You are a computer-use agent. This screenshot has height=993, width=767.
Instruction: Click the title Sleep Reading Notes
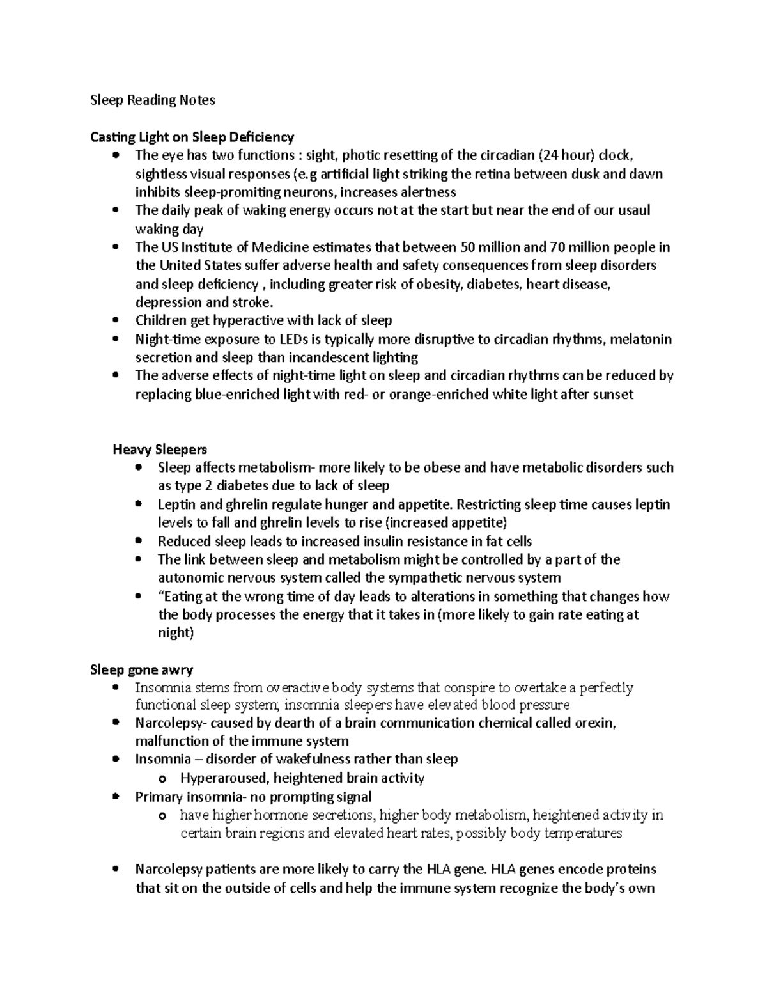(x=153, y=100)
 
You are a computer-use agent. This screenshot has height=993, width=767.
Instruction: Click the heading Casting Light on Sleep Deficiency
(x=192, y=137)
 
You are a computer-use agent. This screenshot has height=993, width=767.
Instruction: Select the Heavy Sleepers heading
(x=160, y=449)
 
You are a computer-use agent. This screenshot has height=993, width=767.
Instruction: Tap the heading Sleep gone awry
(x=142, y=669)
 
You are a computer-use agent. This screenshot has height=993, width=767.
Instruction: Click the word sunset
(x=613, y=395)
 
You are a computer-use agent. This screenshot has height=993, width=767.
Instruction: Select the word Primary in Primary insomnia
(x=159, y=797)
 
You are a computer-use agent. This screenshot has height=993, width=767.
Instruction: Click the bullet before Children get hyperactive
(x=115, y=320)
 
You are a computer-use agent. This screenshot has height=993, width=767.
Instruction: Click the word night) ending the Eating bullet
(x=176, y=633)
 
